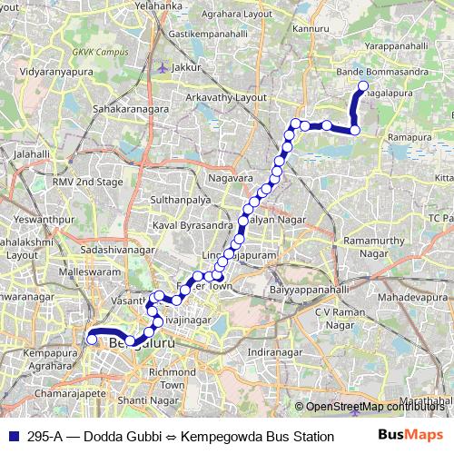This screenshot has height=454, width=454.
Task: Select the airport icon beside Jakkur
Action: [162, 66]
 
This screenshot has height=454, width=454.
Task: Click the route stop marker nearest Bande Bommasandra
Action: [363, 87]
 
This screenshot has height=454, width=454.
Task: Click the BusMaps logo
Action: [410, 436]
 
